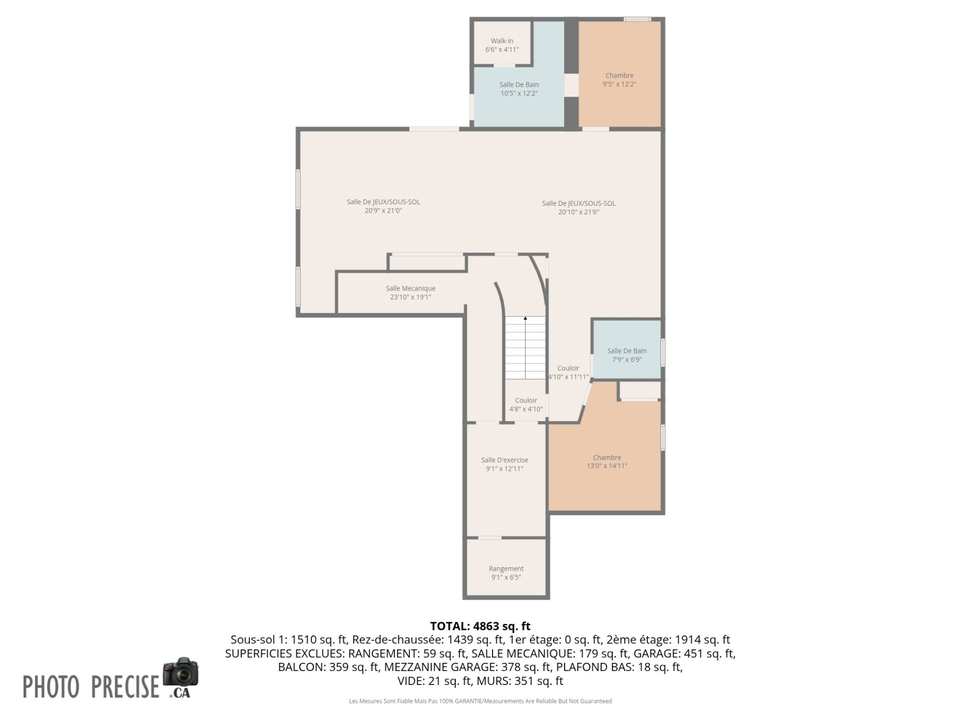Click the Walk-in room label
pos(502,41)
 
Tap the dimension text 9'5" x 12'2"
pos(620,84)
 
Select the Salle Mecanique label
pos(410,288)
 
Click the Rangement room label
pos(506,569)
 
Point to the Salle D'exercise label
pos(505,460)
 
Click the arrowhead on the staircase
pos(526,318)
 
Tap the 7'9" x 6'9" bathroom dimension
pos(627,359)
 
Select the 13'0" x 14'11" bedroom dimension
pos(607,466)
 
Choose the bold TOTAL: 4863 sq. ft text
pos(480,626)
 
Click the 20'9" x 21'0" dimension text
pos(383,211)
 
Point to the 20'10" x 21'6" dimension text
pos(579,212)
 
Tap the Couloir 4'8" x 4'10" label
pos(526,405)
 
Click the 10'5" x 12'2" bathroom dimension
pos(519,93)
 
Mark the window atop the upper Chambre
pos(637,19)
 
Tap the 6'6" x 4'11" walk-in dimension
pos(502,50)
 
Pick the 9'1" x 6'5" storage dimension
pos(506,577)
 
